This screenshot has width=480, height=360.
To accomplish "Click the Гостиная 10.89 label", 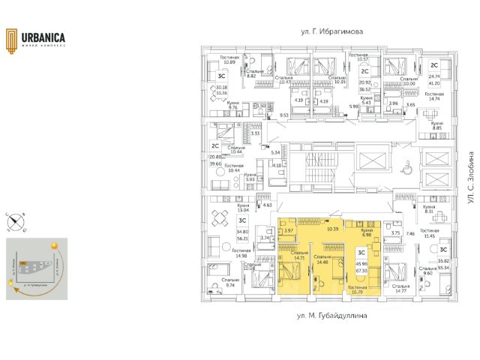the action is [x=229, y=59].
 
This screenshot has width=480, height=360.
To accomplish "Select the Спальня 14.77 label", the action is [x=402, y=289].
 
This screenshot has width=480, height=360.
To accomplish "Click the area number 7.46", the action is [x=410, y=233].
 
